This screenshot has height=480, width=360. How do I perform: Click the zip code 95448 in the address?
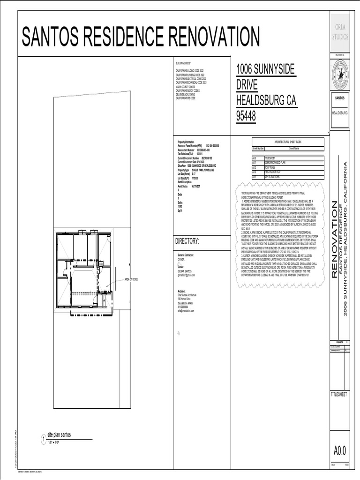pos(246,116)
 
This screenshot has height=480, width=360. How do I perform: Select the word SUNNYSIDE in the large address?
pos(275,69)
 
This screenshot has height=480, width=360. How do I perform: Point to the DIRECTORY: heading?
pos(187,241)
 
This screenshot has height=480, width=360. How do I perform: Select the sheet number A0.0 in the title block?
pos(340,451)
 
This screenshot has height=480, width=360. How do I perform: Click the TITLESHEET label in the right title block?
pos(339,395)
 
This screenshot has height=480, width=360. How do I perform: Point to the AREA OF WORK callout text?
pos(131,279)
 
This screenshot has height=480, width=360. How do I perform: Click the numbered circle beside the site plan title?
pos(43,439)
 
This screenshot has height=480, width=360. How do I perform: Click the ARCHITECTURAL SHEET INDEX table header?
pos(288,142)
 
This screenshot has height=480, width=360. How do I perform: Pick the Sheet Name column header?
pos(294,148)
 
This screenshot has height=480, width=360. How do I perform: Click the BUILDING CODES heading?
pos(183,63)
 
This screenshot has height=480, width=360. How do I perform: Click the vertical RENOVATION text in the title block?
pos(335,239)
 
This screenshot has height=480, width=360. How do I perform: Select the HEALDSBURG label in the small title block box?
pos(340,113)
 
